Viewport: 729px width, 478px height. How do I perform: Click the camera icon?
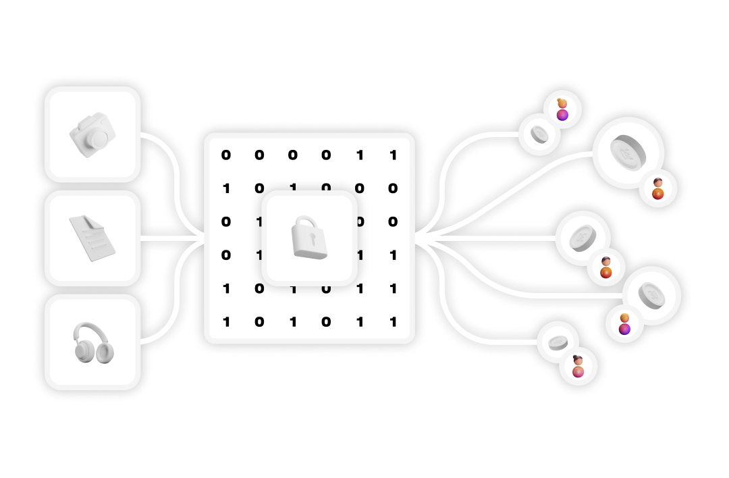(92, 134)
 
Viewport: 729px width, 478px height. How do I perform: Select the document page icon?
(92, 238)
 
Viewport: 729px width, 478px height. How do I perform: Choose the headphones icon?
(93, 342)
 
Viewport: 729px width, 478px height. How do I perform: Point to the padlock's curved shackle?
(307, 222)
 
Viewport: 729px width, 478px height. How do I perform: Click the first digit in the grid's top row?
(225, 155)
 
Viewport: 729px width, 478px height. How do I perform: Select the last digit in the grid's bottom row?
(393, 322)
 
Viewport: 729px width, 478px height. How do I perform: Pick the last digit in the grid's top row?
(393, 155)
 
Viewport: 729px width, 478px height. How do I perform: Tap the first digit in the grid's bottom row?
(225, 322)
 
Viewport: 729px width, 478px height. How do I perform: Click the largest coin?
(628, 153)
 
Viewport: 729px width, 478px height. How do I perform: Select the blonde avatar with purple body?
(562, 109)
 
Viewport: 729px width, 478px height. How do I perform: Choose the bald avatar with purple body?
(624, 324)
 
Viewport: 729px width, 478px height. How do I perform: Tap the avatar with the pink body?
(578, 367)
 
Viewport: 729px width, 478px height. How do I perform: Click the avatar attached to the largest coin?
(658, 189)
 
